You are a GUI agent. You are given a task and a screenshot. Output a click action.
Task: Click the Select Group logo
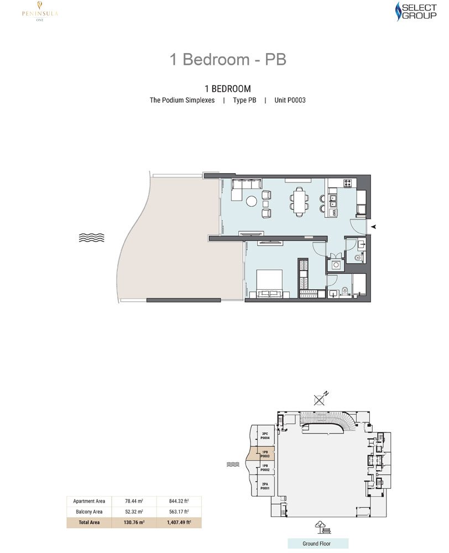tap(413, 12)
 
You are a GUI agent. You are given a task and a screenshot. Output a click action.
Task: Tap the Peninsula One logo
tap(38, 12)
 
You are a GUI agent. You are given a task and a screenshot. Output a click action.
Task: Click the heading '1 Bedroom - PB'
tap(228, 59)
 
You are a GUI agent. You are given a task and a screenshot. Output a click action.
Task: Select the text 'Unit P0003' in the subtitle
tap(290, 101)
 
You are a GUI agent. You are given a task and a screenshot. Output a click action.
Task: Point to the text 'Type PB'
tap(244, 101)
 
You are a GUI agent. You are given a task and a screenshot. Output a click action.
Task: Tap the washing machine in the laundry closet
tap(334, 264)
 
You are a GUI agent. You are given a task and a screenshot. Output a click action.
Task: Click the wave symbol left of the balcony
tap(91, 238)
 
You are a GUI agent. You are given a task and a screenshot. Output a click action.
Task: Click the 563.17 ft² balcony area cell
tap(178, 512)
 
